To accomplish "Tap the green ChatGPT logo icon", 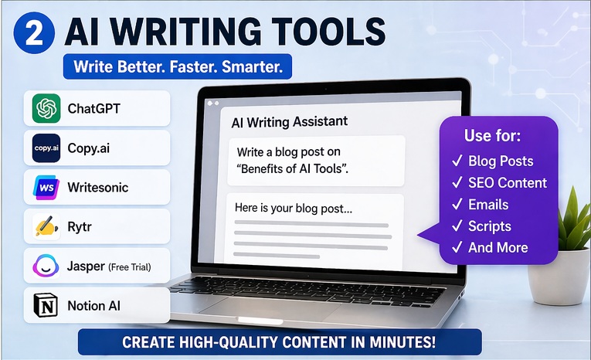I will (x=46, y=108).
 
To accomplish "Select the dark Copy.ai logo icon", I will (x=46, y=148).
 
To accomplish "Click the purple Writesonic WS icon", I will (x=46, y=187).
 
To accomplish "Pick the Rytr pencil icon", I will (x=46, y=227).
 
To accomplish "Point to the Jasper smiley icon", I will (x=46, y=267).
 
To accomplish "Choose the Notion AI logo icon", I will (x=46, y=306).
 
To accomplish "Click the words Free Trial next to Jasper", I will (x=129, y=267).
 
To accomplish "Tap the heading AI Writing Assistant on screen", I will (x=290, y=121).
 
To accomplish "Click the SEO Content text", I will (x=508, y=183).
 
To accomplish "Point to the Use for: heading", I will (x=492, y=136).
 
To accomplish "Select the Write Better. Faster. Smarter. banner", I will (x=178, y=66).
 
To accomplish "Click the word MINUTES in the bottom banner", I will (x=429, y=341).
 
